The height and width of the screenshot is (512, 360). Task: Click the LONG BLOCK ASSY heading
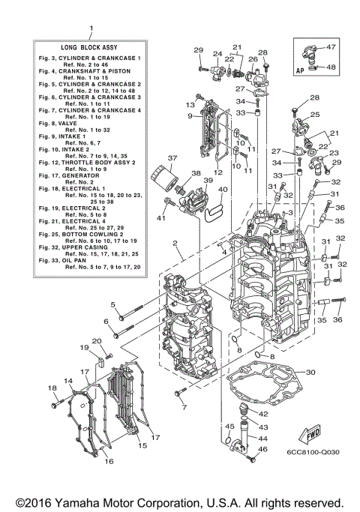pos(90,46)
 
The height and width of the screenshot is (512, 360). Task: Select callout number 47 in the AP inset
pos(331,47)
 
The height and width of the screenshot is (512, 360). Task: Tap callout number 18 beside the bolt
pos(52,388)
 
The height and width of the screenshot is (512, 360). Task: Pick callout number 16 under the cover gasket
pos(109,461)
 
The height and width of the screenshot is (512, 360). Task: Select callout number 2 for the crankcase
pos(174,244)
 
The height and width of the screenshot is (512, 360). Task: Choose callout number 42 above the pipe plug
pos(263,413)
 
